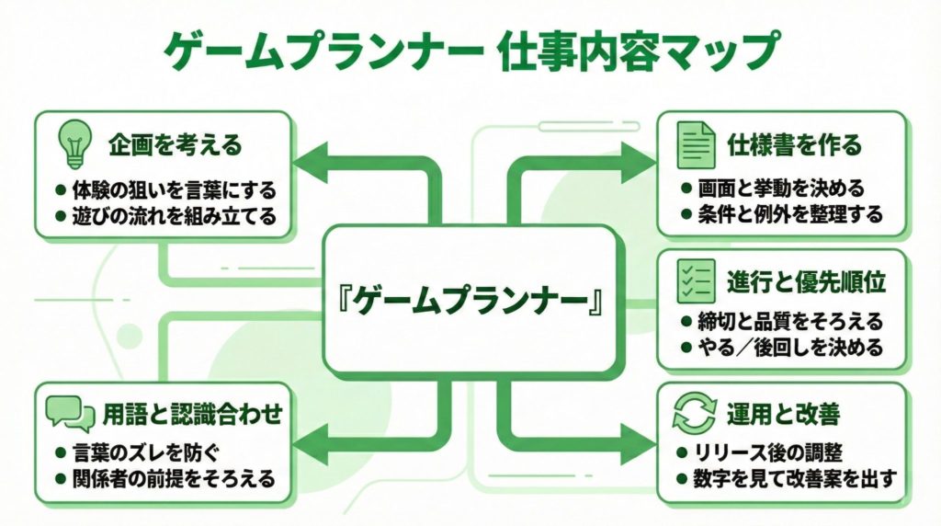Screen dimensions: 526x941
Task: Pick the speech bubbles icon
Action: click(x=71, y=413)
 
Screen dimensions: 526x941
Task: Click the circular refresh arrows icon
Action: click(x=695, y=413)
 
